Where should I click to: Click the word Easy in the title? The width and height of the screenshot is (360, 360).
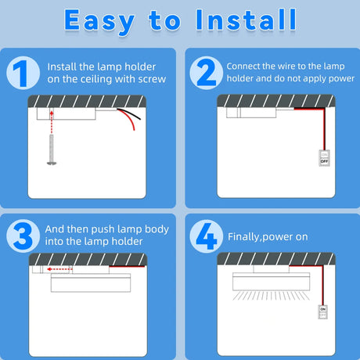(x=99, y=21)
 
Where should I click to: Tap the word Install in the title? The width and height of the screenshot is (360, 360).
(x=246, y=20)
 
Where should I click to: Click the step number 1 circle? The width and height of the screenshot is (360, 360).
(x=23, y=73)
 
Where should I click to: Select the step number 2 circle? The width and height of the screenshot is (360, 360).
(x=207, y=73)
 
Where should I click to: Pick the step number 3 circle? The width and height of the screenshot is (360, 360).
(x=23, y=236)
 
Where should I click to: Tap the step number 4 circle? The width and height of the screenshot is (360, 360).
(x=207, y=236)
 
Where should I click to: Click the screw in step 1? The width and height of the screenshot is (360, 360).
(x=52, y=150)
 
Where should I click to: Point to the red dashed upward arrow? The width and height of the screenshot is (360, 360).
(x=52, y=122)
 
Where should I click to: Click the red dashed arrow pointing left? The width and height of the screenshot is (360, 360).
(x=59, y=269)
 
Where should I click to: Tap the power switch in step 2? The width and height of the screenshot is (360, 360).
(x=324, y=158)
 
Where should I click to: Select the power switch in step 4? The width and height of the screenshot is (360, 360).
(x=323, y=311)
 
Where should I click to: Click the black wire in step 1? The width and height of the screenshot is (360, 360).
(x=130, y=113)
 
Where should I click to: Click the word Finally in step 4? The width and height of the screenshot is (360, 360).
(x=243, y=237)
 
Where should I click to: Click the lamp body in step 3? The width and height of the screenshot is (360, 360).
(x=91, y=283)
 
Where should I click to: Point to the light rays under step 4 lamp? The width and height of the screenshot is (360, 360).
(x=271, y=296)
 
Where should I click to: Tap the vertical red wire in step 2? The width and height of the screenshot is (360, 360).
(x=324, y=130)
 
